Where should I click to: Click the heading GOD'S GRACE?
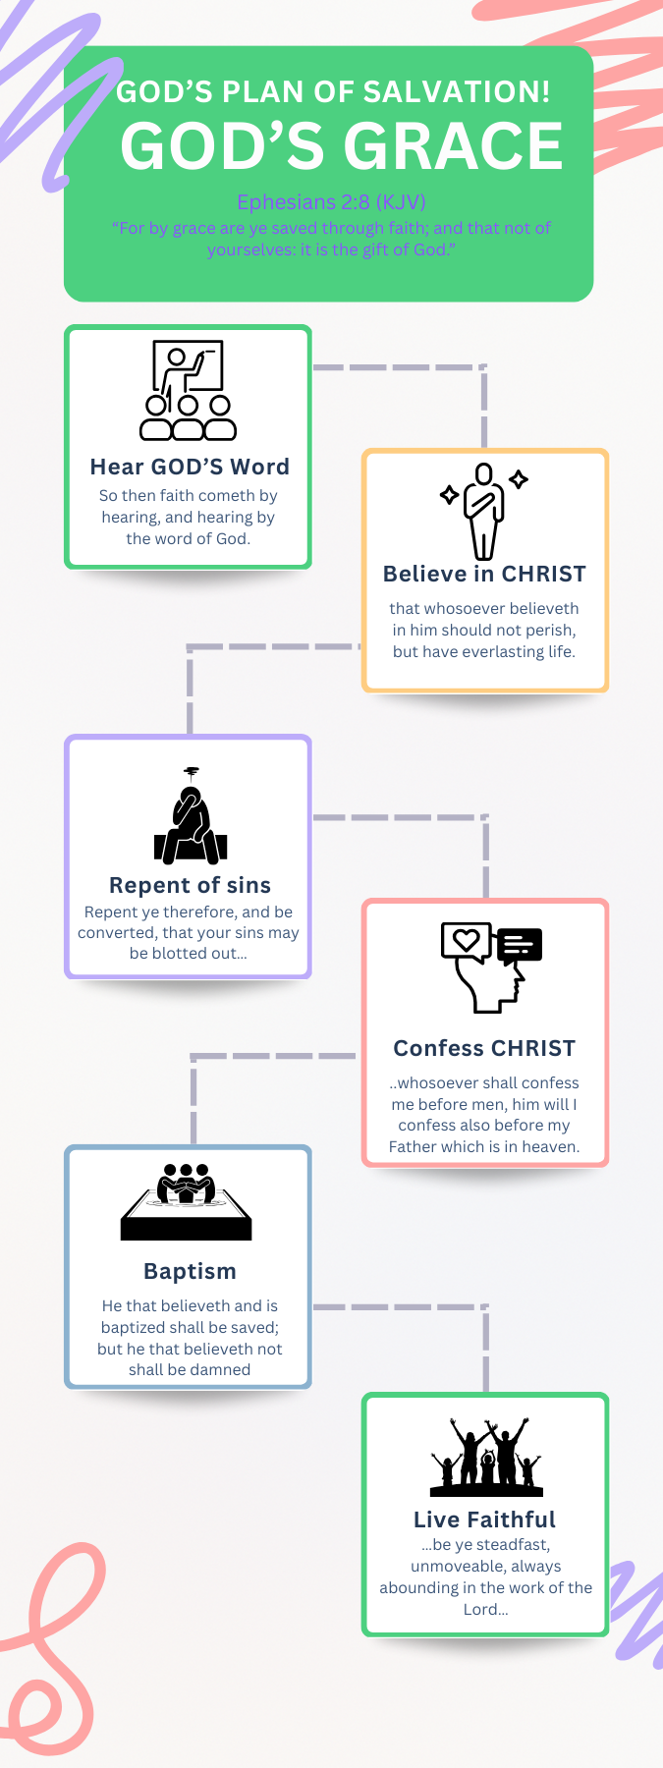tap(342, 146)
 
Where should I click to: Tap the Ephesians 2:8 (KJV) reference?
tap(331, 202)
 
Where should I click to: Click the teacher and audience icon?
tap(189, 390)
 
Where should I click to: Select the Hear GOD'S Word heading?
tap(190, 467)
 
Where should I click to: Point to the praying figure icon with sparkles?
tap(484, 510)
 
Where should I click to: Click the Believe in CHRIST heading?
tap(484, 574)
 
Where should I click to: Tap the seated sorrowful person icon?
tap(191, 817)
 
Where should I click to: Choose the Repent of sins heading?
tap(190, 885)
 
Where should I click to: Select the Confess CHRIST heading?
tap(484, 1048)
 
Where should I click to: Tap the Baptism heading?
tap(190, 1271)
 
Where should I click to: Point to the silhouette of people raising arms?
tap(486, 1458)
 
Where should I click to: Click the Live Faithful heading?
tap(484, 1519)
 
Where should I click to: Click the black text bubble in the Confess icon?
tap(520, 945)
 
